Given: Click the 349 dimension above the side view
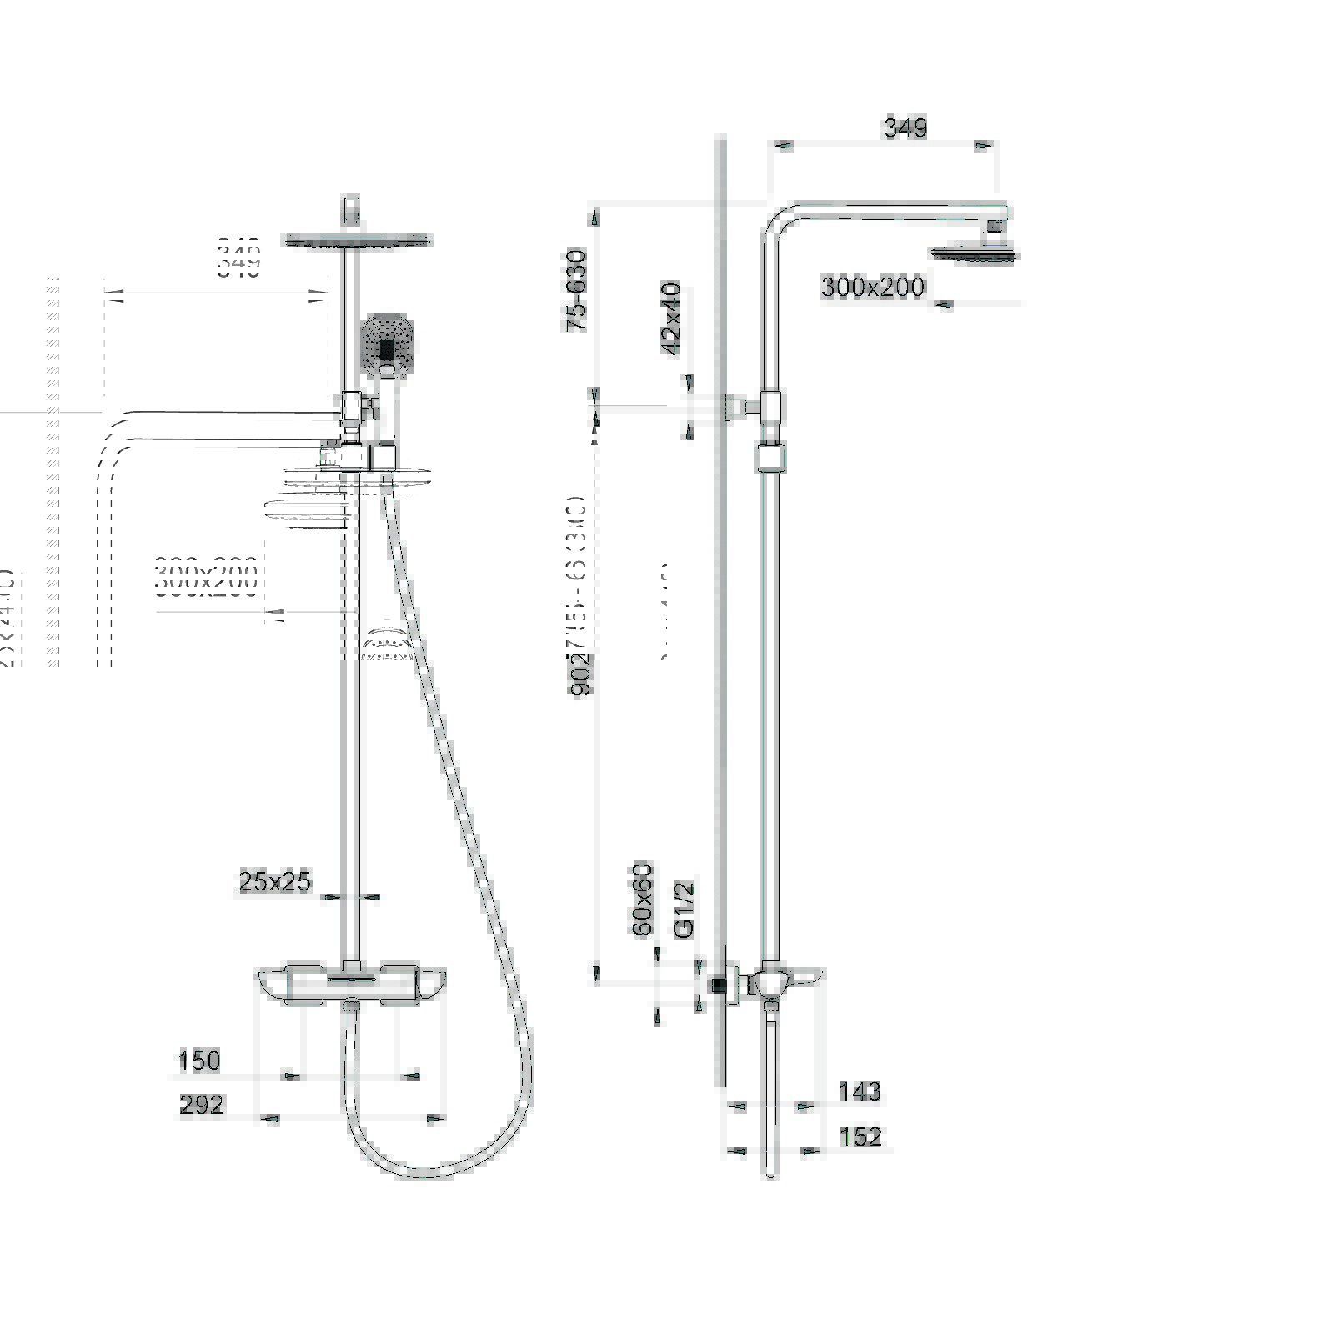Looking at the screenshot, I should [x=905, y=128].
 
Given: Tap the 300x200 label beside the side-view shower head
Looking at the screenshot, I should [x=872, y=288].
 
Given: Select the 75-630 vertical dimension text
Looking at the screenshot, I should [x=577, y=290].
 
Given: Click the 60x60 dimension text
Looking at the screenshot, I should [x=642, y=900].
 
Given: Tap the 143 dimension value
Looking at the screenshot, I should [x=860, y=1091].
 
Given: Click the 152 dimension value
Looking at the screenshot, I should [x=860, y=1136].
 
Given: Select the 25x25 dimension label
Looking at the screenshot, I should [x=274, y=881].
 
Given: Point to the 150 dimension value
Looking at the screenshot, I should [x=199, y=1061].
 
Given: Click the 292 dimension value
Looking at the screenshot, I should [x=202, y=1105].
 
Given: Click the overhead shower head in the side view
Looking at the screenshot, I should [x=974, y=253].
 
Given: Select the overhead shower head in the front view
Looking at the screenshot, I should [x=358, y=241].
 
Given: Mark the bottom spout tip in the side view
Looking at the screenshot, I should [x=771, y=1171].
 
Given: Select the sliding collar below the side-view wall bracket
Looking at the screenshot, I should [x=771, y=459].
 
